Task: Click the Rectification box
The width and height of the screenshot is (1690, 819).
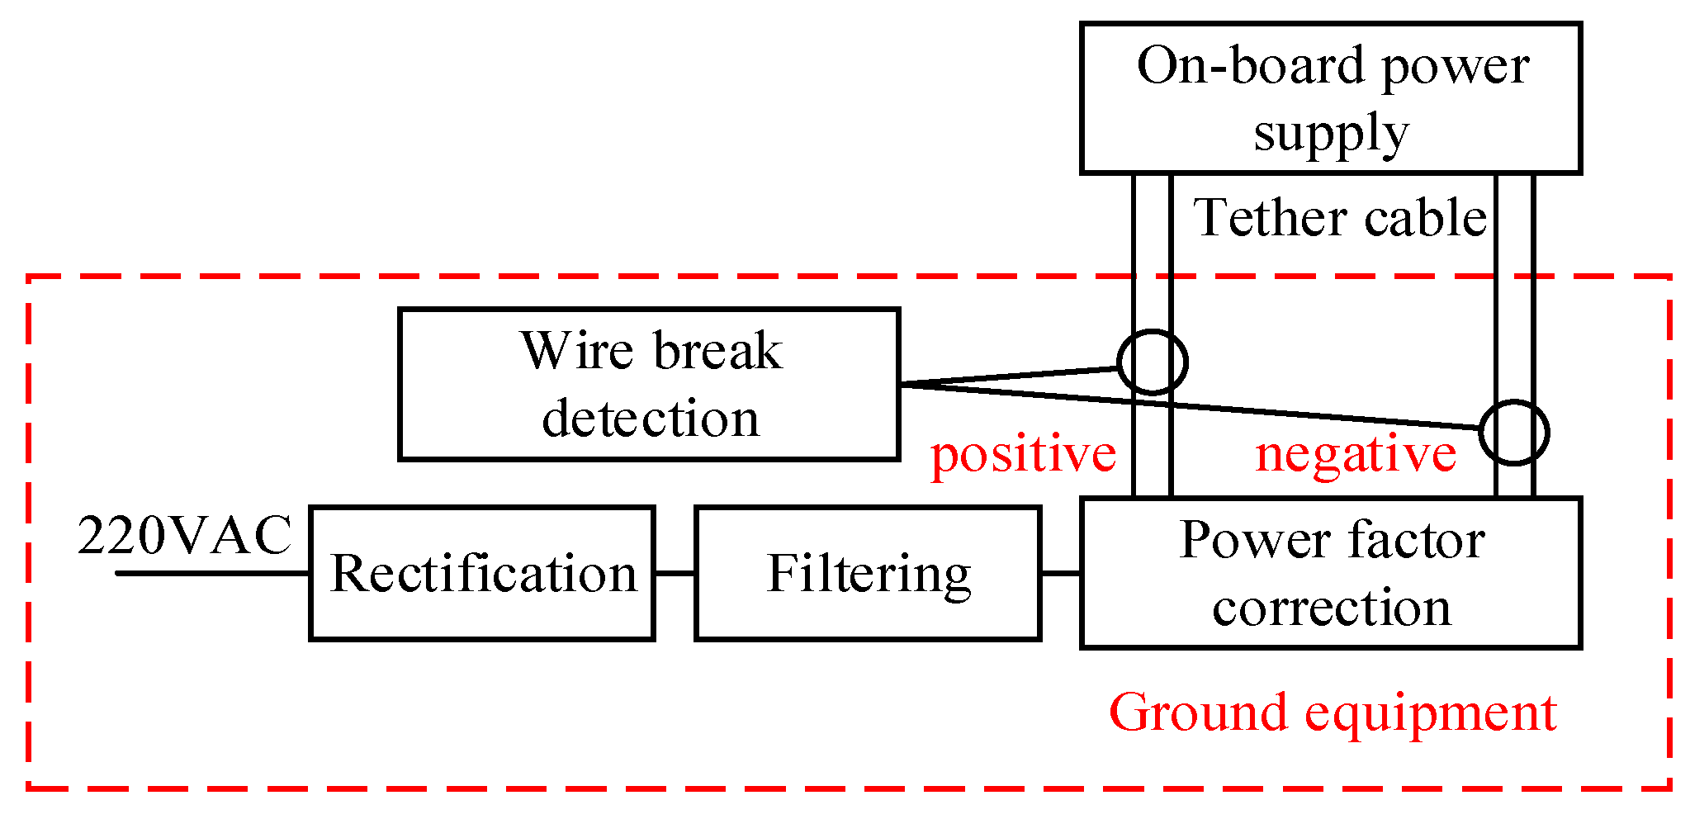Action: (482, 573)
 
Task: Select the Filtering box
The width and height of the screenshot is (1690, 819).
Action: (868, 573)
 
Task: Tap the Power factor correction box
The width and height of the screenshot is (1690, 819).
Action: (1330, 573)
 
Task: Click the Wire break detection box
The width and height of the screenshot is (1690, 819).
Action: (649, 384)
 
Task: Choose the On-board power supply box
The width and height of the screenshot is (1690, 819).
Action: (1330, 98)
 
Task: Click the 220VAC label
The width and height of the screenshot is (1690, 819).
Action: (185, 535)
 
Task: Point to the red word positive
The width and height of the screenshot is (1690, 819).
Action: (1023, 454)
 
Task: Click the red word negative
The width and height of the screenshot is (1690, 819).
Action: (1356, 454)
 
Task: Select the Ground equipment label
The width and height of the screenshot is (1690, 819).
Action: (1332, 712)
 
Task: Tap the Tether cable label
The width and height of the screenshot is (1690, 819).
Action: (1339, 218)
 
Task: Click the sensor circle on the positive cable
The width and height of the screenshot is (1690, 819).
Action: (1153, 362)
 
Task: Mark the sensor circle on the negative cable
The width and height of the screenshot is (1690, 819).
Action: (1513, 433)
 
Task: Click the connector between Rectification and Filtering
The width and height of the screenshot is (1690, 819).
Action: (675, 573)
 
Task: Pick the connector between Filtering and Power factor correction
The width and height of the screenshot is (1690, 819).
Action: (1060, 573)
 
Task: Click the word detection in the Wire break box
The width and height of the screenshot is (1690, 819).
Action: (651, 419)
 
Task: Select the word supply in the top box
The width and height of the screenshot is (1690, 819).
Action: (1330, 134)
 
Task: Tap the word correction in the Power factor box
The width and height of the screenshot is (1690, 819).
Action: (1331, 608)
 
